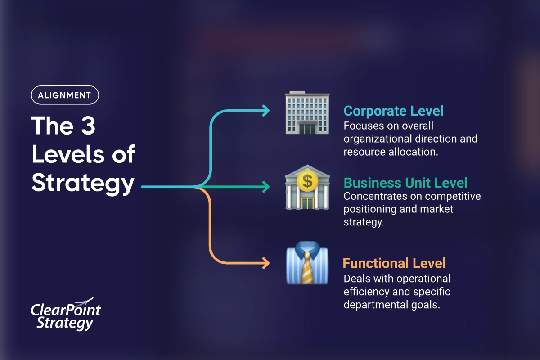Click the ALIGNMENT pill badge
[x=65, y=95]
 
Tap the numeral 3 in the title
[x=88, y=126]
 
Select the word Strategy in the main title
[x=83, y=184]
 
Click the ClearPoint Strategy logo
[x=66, y=314]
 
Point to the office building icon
[x=307, y=112]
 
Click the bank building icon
[x=307, y=187]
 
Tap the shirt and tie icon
[x=307, y=263]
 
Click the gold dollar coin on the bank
[x=307, y=181]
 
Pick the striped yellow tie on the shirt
[x=307, y=268]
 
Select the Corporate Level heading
[x=393, y=111]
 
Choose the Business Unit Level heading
[x=405, y=183]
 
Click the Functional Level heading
[x=394, y=263]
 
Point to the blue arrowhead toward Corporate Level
[x=266, y=111]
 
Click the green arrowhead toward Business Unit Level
[x=266, y=187]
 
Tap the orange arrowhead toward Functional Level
[x=266, y=263]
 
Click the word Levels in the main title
[x=68, y=154]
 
